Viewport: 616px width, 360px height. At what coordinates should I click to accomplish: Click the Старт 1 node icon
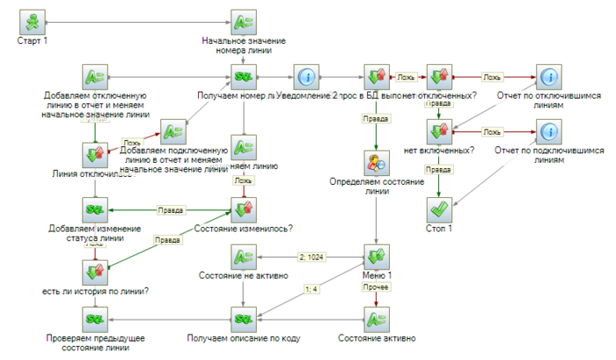point(32,21)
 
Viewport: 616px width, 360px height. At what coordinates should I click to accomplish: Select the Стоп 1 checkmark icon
point(438,211)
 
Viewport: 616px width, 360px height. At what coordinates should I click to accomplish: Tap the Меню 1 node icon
point(377,257)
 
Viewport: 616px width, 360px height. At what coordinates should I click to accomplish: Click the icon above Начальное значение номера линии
point(243,21)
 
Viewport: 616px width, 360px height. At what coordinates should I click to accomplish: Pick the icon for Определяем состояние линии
point(377,165)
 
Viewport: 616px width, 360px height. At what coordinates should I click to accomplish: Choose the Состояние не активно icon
point(243,257)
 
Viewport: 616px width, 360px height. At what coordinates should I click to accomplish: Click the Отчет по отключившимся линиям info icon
point(547,77)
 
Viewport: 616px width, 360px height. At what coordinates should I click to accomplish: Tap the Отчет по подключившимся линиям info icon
point(547,132)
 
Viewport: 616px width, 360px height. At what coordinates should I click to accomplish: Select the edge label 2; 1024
point(311,257)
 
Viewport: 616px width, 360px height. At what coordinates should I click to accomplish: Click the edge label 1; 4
point(309,288)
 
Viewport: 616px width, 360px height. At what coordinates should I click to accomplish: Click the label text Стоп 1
point(438,231)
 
